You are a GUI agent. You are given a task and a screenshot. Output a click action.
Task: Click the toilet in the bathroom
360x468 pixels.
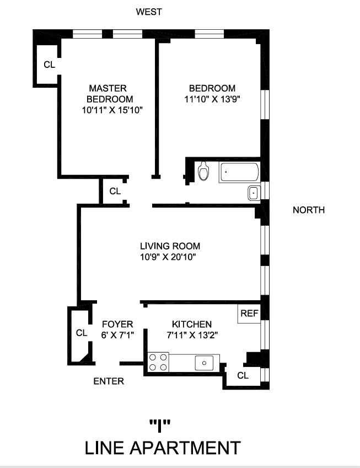[x=203, y=171]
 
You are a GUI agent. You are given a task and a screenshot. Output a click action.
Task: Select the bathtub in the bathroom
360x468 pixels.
[x=240, y=172]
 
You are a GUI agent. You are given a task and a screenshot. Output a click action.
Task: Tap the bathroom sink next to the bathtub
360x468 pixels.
[x=254, y=193]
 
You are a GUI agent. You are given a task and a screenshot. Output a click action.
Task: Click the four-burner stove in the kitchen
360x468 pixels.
[x=158, y=363]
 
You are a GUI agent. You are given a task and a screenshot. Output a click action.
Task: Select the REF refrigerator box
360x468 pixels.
[x=249, y=313]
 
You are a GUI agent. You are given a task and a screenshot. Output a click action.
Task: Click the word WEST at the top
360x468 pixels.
[x=149, y=12]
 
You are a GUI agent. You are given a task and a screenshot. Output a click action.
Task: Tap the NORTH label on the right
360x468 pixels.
[x=308, y=210]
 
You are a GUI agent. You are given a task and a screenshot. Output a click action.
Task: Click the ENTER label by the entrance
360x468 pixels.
[x=109, y=381]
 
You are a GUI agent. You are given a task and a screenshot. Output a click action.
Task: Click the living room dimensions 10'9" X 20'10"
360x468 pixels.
[x=170, y=257]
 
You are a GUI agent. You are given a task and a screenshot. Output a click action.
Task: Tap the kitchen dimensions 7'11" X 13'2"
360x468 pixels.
[x=191, y=334]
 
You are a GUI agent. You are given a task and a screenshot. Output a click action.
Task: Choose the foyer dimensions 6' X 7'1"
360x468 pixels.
[x=117, y=334]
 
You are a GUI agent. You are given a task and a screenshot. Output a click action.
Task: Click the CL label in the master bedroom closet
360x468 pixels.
[x=50, y=65]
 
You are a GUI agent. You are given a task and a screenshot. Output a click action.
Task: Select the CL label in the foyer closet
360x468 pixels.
[x=82, y=333]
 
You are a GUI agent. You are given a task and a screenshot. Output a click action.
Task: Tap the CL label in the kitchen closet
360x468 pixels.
[x=243, y=375]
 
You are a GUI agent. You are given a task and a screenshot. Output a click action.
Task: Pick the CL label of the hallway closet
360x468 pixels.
[x=115, y=192]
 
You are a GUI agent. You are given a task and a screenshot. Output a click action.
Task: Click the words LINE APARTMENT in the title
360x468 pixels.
[x=163, y=447]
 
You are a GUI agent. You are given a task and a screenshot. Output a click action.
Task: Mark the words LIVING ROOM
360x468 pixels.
[x=170, y=246]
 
